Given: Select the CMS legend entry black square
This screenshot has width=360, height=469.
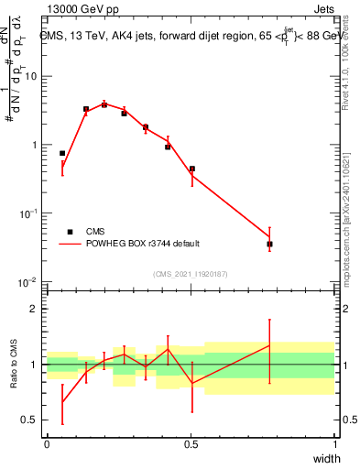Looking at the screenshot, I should pyautogui.click(x=70, y=232).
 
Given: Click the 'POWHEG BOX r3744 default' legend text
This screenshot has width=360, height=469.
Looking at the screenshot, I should pyautogui.click(x=142, y=244).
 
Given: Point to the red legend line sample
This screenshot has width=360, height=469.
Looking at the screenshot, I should pyautogui.click(x=70, y=244).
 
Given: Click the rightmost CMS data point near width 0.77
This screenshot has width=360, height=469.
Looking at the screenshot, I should pyautogui.click(x=269, y=244).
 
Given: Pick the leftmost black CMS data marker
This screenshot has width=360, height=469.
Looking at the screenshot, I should pyautogui.click(x=62, y=153).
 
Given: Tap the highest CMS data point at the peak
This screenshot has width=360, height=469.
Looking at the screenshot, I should pyautogui.click(x=104, y=104).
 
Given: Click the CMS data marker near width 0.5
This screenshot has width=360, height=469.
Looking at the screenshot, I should pyautogui.click(x=192, y=169).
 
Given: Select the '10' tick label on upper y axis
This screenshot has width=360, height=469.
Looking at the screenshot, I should pyautogui.click(x=30, y=76).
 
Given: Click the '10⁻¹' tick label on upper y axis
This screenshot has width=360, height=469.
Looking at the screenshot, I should pyautogui.click(x=28, y=212).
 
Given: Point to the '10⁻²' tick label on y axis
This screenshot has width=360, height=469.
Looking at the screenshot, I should pyautogui.click(x=28, y=280).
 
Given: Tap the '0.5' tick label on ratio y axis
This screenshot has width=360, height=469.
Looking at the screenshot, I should pyautogui.click(x=30, y=420).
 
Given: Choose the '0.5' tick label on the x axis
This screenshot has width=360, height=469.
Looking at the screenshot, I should pyautogui.click(x=191, y=444).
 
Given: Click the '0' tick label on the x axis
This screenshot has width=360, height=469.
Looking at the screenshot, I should pyautogui.click(x=47, y=444).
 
